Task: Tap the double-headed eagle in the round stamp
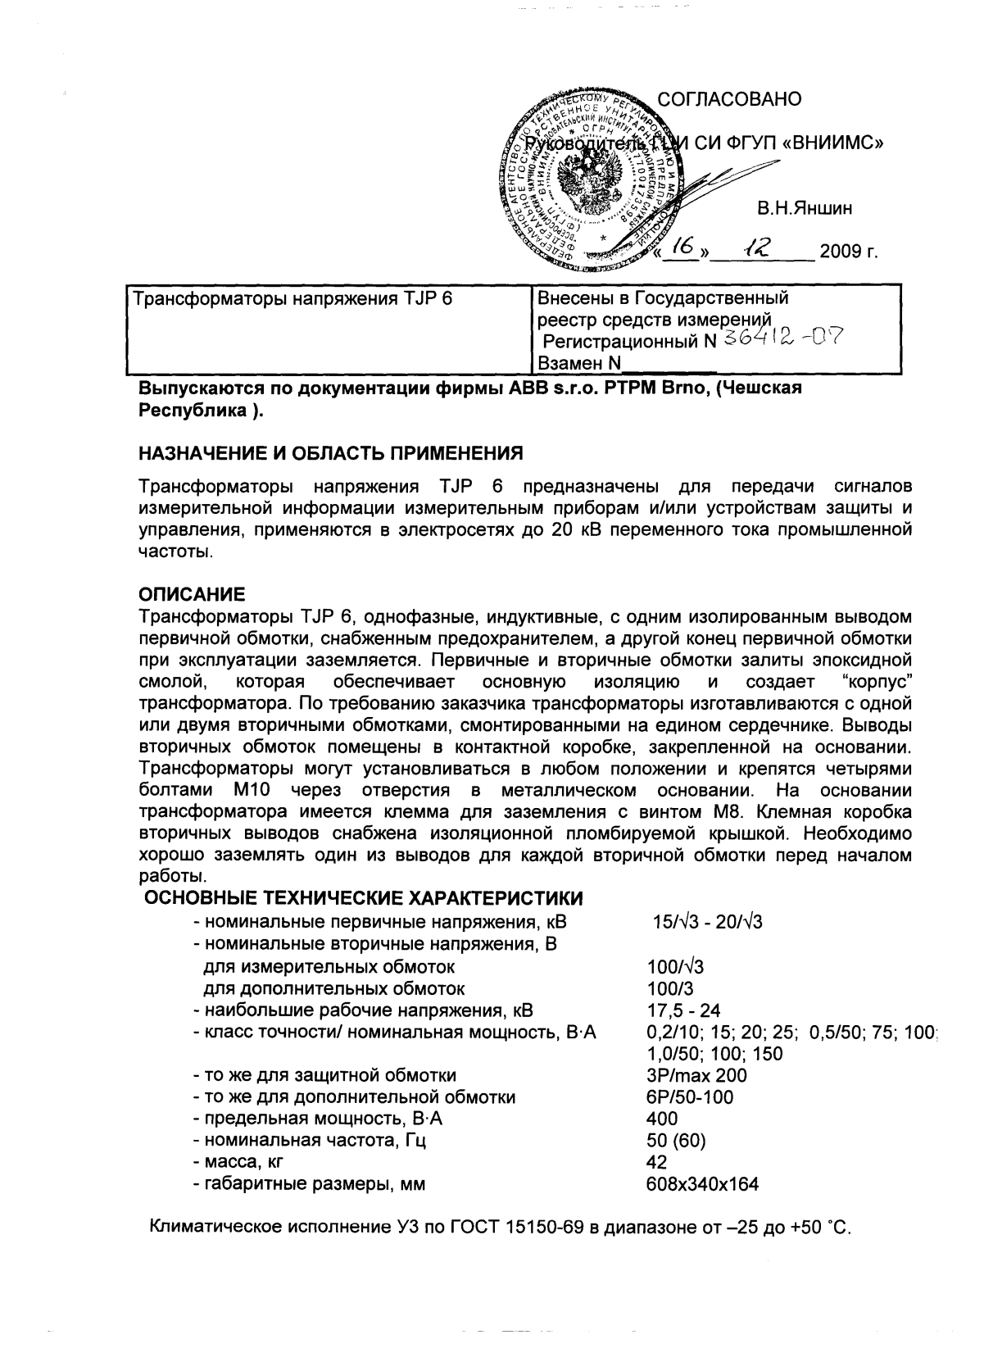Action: coord(585,182)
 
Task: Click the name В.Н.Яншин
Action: coord(804,209)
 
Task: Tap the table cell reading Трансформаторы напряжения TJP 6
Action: coord(292,299)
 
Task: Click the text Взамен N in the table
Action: coord(579,363)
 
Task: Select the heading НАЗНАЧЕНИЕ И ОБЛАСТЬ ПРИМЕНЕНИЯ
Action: coord(329,453)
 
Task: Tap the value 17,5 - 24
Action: coord(683,1010)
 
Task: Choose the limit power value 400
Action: coord(662,1119)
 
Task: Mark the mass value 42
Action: coord(656,1162)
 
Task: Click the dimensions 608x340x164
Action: coord(702,1184)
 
